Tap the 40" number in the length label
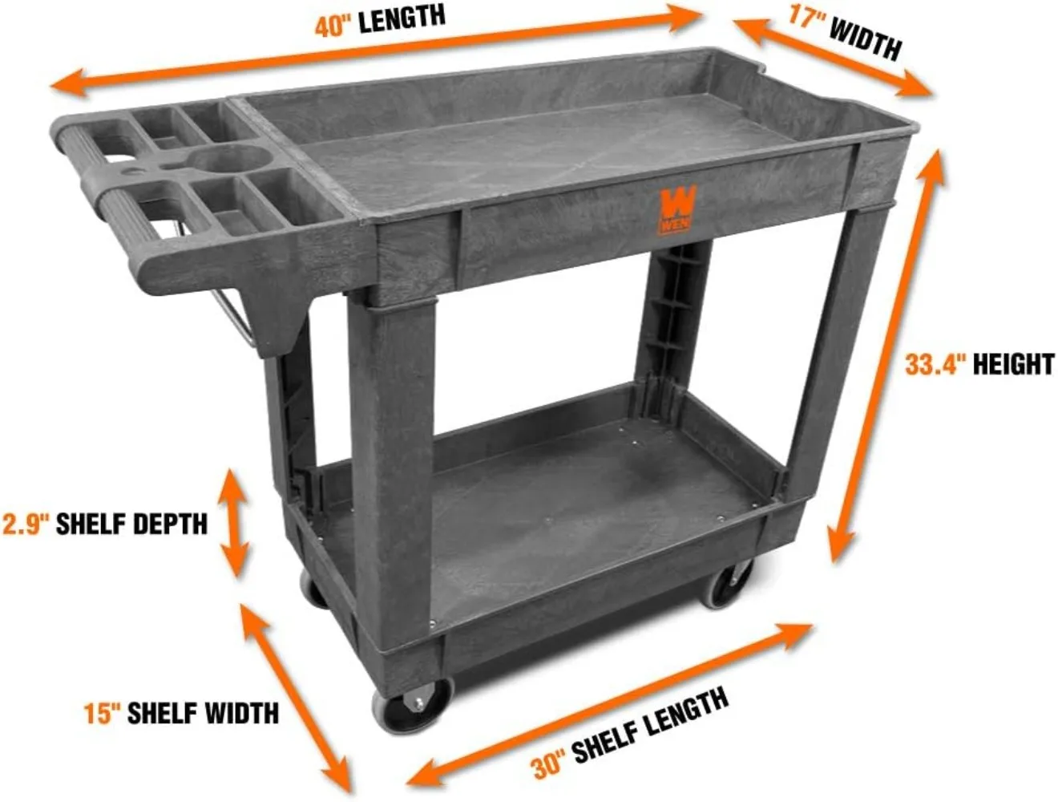(333, 26)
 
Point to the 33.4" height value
(935, 364)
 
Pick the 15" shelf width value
(102, 713)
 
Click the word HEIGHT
(1012, 364)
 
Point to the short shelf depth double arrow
(233, 523)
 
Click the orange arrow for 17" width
(834, 59)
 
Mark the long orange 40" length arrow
(377, 50)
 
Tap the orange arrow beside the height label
(886, 353)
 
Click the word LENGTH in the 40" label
(401, 18)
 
